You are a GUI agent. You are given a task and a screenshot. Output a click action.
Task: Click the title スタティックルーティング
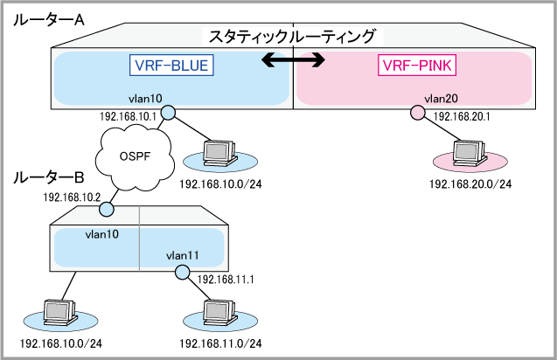pos(292,37)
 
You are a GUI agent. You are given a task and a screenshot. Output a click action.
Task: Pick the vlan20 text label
pos(440,98)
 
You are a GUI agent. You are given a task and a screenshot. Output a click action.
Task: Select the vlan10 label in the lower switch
pos(101,234)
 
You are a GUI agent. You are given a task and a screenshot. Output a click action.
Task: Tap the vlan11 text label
pos(183,255)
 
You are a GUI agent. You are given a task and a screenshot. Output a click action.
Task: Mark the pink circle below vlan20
pos(417,112)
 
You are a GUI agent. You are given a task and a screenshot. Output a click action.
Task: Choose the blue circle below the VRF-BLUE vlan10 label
pos(168,112)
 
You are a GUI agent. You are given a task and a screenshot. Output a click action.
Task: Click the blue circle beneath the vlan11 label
pos(182,273)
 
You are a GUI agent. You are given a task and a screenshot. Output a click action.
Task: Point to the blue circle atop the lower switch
pos(108,210)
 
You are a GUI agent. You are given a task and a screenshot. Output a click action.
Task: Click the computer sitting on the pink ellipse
pos(468,151)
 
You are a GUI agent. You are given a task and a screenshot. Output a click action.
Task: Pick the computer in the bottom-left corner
pos(59,310)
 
